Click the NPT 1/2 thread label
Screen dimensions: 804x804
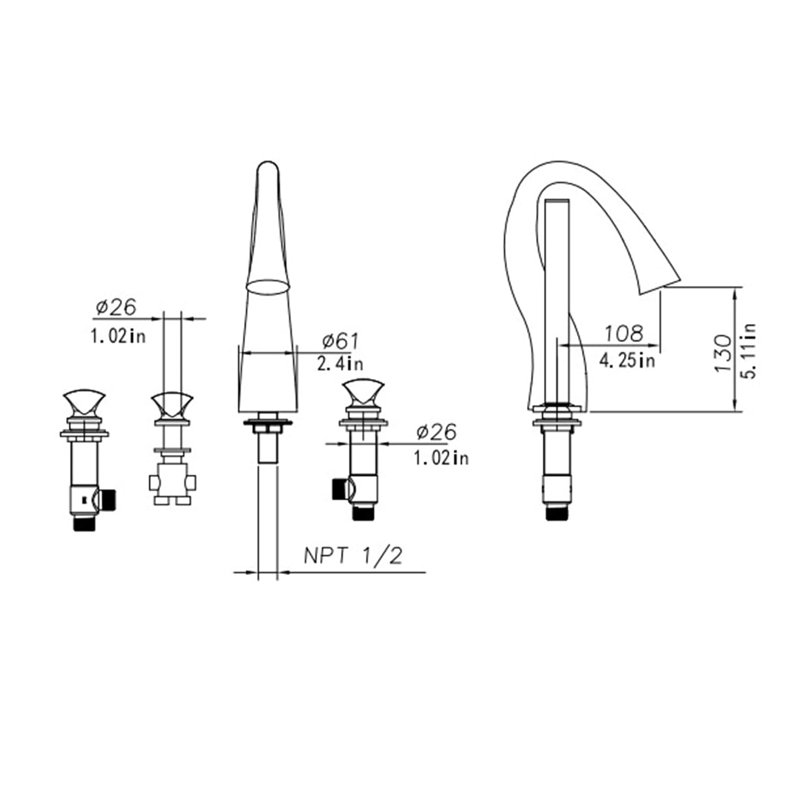[353, 556]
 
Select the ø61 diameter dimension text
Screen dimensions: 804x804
[341, 341]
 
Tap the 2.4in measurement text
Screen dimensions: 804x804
[340, 363]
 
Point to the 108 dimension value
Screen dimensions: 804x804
[623, 333]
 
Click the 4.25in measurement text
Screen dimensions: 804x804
[627, 360]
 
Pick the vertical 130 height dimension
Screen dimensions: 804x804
[723, 353]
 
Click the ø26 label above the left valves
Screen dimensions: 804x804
[116, 308]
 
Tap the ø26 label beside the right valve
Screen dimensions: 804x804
[436, 432]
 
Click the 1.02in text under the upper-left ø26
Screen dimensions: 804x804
[118, 337]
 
